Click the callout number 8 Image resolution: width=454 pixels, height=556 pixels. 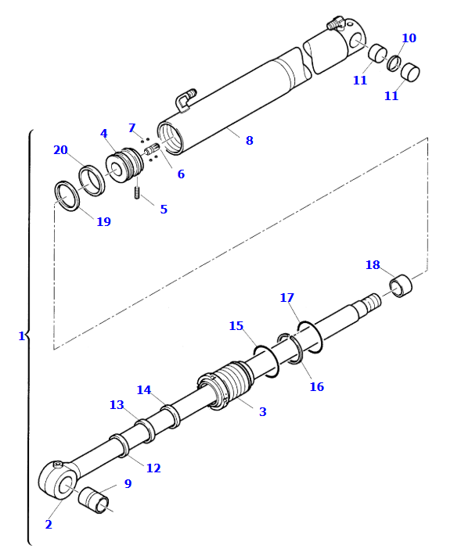(x=250, y=141)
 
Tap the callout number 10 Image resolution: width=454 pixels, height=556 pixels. (x=409, y=38)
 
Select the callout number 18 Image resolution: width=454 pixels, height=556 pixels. (x=373, y=264)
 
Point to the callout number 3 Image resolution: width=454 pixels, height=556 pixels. (x=263, y=411)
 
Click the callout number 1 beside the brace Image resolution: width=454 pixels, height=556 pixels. (x=21, y=335)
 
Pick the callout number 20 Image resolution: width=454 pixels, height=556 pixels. (x=61, y=150)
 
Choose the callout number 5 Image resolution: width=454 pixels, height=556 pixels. (x=164, y=210)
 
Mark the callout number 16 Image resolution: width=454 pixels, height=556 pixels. (x=317, y=386)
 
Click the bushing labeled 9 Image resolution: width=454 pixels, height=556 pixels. (x=93, y=500)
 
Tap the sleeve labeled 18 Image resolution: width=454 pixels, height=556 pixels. (x=401, y=285)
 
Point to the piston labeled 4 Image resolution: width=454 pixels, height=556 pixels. (x=124, y=166)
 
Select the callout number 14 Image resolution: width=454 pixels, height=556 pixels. (x=144, y=390)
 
